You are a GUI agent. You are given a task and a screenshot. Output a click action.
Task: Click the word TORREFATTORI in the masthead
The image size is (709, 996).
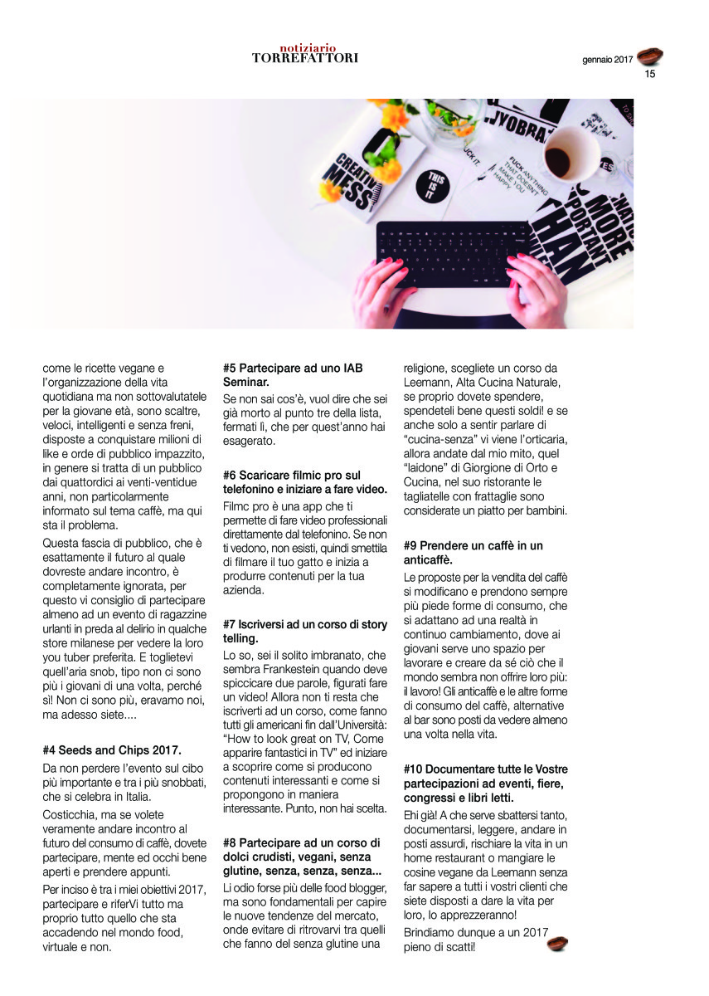(304, 58)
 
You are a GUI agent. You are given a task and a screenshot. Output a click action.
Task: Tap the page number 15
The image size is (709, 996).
(649, 74)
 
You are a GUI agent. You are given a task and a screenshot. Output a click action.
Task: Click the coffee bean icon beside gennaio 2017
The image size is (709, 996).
(649, 56)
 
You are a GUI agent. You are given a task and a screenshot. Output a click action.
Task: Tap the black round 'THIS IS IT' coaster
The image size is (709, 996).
(437, 185)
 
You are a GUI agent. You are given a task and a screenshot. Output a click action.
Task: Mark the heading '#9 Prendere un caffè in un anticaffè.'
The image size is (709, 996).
(473, 553)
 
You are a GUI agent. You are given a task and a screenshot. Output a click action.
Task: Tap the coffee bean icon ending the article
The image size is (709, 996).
(556, 943)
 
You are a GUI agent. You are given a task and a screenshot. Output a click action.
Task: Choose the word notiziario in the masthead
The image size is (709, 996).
(306, 48)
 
